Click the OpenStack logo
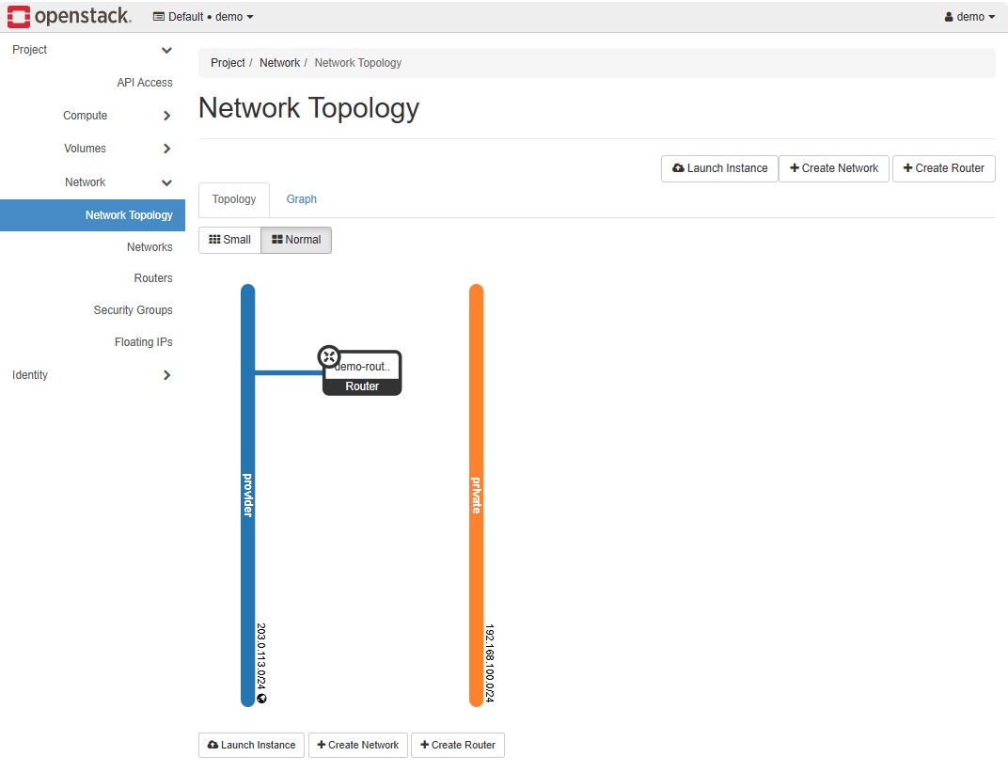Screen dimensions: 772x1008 pyautogui.click(x=70, y=16)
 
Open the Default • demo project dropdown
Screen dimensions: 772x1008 pyautogui.click(x=203, y=17)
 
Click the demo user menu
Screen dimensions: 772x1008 pyautogui.click(x=969, y=17)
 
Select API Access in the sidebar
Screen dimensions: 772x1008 pyautogui.click(x=145, y=83)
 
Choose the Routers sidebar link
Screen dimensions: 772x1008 pyautogui.click(x=153, y=278)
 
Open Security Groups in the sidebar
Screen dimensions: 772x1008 pyautogui.click(x=133, y=310)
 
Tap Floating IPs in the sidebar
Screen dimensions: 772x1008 pyautogui.click(x=143, y=342)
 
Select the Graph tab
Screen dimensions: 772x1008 pyautogui.click(x=302, y=199)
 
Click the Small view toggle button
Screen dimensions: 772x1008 pyautogui.click(x=229, y=240)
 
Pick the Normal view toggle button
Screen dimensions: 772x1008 pyautogui.click(x=296, y=240)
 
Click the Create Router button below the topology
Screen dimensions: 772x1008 pyautogui.click(x=458, y=745)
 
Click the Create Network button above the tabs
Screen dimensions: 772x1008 pyautogui.click(x=834, y=168)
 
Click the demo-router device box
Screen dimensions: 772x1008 pyautogui.click(x=363, y=374)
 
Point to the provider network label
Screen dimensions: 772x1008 pyautogui.click(x=248, y=495)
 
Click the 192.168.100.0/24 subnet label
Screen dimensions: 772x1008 pyautogui.click(x=490, y=663)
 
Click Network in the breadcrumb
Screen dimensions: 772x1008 pyautogui.click(x=279, y=63)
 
